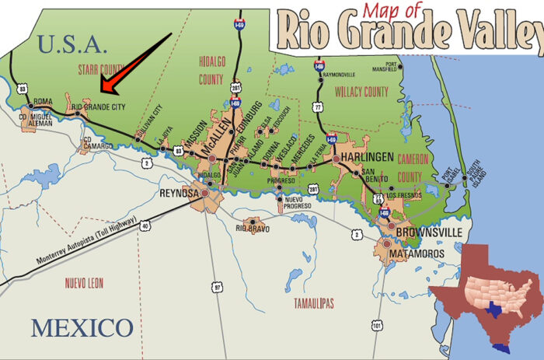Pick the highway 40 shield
(x=145, y=225)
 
